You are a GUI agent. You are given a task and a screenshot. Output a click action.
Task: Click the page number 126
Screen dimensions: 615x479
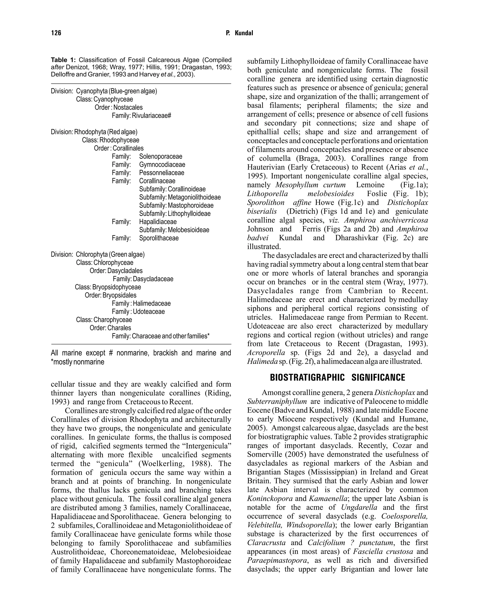(56, 33)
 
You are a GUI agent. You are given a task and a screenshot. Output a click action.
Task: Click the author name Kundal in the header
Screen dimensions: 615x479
(244, 33)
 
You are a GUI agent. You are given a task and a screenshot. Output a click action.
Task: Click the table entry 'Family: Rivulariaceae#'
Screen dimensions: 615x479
(142, 116)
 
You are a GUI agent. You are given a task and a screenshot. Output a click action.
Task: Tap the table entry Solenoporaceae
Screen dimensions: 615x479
(161, 156)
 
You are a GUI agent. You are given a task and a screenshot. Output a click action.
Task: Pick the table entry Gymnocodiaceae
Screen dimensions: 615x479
(162, 165)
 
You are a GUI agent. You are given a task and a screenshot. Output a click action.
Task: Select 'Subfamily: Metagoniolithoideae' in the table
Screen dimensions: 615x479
(180, 197)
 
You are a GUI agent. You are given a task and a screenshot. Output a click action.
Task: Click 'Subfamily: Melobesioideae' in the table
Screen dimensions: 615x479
(174, 230)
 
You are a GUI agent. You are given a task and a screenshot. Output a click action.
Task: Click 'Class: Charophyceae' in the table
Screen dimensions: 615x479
(104, 320)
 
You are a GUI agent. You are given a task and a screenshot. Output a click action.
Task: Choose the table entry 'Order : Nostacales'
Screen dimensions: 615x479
(119, 108)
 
